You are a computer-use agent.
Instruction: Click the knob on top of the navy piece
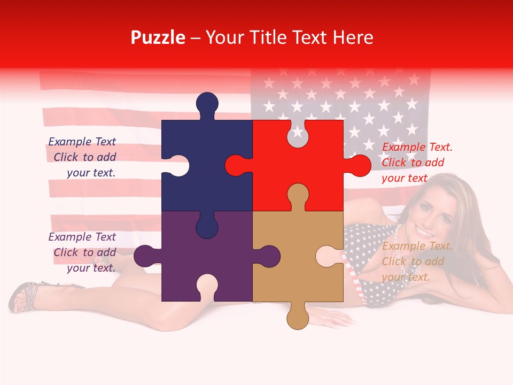(x=207, y=104)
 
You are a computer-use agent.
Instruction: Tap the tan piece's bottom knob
(x=298, y=318)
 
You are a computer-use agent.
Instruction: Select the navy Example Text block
(x=83, y=157)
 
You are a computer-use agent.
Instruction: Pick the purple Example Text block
(x=83, y=252)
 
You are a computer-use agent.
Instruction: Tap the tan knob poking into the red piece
(x=298, y=196)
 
